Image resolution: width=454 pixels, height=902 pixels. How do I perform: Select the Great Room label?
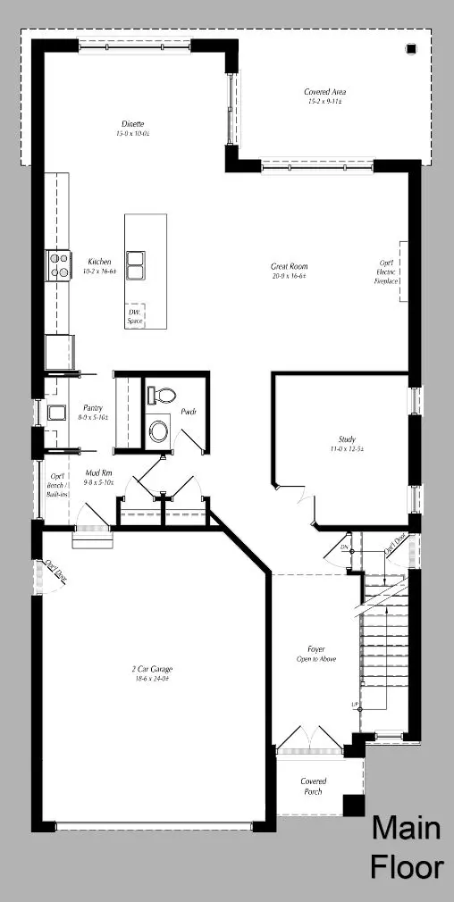pos(290,266)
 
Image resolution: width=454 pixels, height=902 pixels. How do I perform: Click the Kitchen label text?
pos(99,262)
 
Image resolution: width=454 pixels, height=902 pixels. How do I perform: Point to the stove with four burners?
pos(59,265)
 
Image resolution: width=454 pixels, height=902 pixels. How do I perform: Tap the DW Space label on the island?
pos(135,315)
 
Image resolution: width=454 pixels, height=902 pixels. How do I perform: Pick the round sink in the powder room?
pos(159,431)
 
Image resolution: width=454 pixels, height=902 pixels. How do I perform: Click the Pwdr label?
pos(189,413)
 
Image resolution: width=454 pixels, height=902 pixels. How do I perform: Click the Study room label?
pos(347,438)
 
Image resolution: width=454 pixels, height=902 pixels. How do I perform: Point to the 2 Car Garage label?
pos(149,668)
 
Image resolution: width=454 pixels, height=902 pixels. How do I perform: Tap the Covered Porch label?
pos(314,786)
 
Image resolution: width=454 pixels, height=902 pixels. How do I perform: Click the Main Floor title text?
pos(406,848)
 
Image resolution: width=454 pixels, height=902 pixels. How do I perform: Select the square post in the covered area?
pos(411,49)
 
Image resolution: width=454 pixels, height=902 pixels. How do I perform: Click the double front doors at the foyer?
pos(307,739)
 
